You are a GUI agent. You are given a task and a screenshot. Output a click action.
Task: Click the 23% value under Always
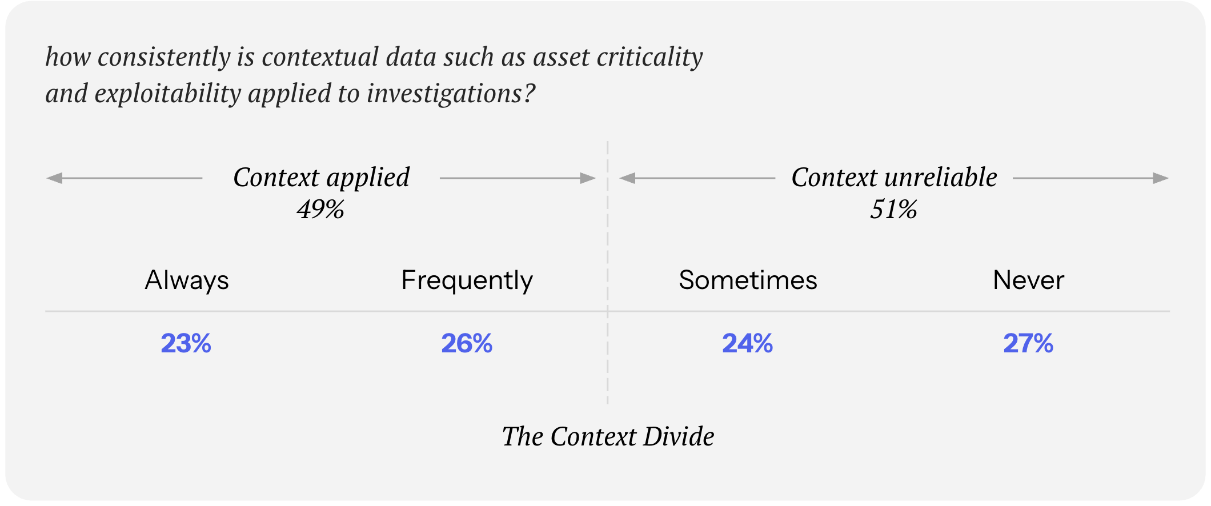186,343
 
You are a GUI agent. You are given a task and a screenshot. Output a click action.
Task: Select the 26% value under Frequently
467,343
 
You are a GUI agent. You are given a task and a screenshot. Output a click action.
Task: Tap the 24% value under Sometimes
747,343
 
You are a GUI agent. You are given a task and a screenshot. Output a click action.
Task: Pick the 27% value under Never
1028,343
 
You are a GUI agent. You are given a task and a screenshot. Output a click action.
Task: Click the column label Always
187,280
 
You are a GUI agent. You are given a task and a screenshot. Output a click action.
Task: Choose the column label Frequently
467,280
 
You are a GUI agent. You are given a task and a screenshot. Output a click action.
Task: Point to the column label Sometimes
748,280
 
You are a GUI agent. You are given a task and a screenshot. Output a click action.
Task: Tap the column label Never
1028,280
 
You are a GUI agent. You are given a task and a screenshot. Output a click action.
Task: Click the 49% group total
320,209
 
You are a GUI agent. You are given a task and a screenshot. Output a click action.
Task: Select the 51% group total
893,209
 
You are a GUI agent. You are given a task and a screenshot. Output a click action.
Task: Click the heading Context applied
321,178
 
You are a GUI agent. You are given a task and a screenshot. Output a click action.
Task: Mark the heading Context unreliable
894,177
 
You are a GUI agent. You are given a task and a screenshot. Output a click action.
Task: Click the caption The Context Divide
608,436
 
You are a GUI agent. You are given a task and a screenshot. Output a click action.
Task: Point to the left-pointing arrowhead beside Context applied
54,178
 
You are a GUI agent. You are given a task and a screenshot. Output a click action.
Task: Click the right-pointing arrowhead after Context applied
588,178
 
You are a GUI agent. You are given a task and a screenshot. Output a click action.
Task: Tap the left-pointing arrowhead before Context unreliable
627,178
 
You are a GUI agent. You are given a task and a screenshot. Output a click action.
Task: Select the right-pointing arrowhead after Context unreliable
1161,178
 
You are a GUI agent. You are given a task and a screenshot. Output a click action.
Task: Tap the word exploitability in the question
168,93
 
